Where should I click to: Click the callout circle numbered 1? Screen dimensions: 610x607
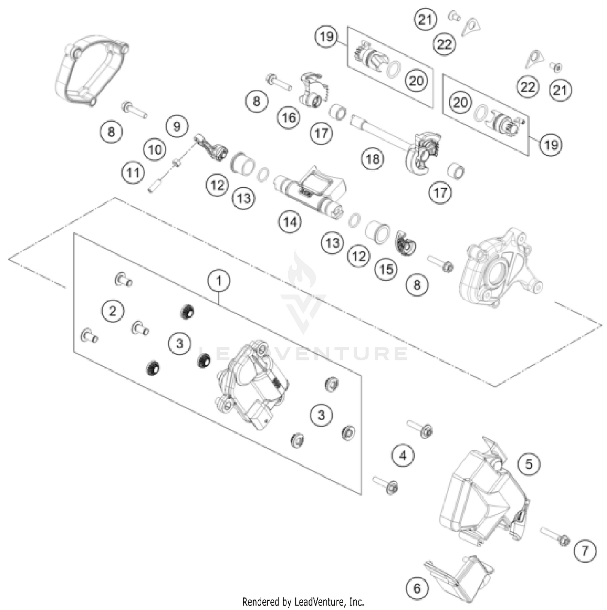pos(219,280)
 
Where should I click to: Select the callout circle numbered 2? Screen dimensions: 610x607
pos(112,311)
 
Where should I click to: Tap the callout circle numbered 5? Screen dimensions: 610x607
pos(529,464)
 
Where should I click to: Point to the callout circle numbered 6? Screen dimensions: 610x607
pos(417,588)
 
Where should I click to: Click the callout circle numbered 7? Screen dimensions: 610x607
pos(585,551)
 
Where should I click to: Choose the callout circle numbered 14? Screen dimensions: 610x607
pos(290,222)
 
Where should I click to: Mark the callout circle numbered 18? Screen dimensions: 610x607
pos(372,159)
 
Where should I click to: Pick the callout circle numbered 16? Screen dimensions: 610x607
pos(289,117)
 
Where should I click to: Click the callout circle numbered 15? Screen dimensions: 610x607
pos(386,269)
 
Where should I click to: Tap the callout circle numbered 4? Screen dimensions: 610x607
pos(403,456)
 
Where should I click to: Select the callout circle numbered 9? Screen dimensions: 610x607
pos(177,127)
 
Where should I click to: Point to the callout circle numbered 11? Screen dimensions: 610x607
pos(133,173)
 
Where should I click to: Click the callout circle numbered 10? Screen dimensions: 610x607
pos(155,150)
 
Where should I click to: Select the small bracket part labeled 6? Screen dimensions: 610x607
pos(459,570)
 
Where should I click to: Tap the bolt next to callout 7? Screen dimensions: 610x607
pos(554,536)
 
